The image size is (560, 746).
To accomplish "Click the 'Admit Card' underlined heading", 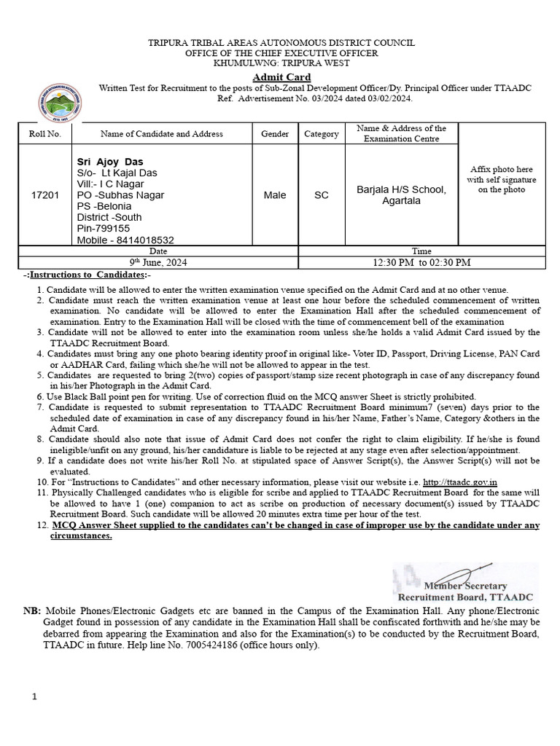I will [281, 77].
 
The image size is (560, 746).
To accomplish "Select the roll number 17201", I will [45, 195].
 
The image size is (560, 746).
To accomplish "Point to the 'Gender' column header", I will [275, 134].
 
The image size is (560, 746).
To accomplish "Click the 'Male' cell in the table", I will [275, 195].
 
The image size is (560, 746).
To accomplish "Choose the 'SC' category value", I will [321, 195].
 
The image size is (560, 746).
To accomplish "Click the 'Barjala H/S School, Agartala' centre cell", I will [400, 195].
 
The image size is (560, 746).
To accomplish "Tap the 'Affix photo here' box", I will [502, 179].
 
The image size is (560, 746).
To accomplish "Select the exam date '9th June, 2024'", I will [158, 262].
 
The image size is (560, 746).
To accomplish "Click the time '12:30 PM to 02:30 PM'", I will [421, 262].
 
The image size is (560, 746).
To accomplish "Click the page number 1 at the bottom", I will [34, 697].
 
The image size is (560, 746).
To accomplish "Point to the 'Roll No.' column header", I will [45, 134].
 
